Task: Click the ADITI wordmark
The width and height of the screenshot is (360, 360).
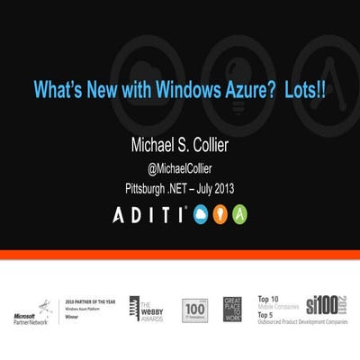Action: (x=148, y=214)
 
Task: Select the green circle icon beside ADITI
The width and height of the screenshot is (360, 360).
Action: (x=240, y=214)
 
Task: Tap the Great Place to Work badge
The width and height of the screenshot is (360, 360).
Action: (x=232, y=309)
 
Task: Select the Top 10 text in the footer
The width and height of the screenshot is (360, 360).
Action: (x=266, y=297)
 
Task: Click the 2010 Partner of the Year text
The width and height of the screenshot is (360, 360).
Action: (x=90, y=302)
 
